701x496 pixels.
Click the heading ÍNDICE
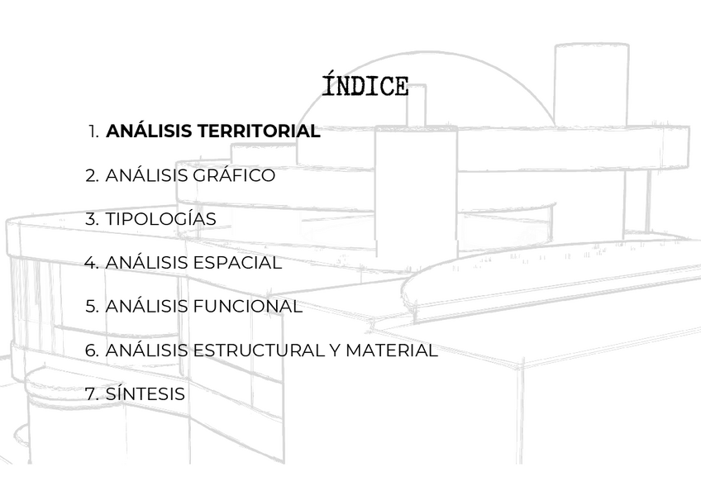(x=365, y=86)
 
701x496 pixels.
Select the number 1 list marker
(x=94, y=131)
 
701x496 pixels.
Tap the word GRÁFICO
(x=234, y=176)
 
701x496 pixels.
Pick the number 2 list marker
(x=92, y=176)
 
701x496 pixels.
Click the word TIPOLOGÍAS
(x=160, y=219)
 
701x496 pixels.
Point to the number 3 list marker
(x=92, y=219)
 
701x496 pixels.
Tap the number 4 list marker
(x=92, y=263)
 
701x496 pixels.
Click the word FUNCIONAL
(x=247, y=307)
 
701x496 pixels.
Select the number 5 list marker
(x=92, y=307)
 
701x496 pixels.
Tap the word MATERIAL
(x=391, y=351)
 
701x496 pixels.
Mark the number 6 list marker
(x=92, y=351)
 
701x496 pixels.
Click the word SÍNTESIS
(x=145, y=394)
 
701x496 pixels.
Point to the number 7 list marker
(x=92, y=394)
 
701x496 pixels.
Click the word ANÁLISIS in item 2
(x=146, y=176)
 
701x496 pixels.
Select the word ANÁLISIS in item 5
(x=146, y=307)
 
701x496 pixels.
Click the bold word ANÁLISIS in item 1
(x=148, y=131)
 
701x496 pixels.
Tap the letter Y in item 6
(x=334, y=351)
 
